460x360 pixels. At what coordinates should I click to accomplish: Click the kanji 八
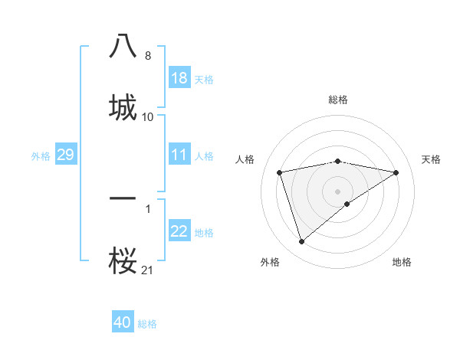[x=123, y=47]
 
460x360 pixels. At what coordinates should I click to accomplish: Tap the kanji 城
[x=123, y=106]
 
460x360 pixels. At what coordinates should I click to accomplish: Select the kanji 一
[x=123, y=198]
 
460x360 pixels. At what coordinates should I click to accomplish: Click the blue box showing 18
[x=179, y=78]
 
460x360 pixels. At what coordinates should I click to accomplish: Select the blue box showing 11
[x=179, y=155]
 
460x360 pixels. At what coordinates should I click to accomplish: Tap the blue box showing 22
[x=179, y=232]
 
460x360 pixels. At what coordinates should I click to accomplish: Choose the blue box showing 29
[x=65, y=155]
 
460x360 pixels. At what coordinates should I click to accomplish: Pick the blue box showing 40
[x=123, y=323]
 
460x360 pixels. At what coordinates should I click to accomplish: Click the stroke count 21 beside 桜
[x=147, y=270]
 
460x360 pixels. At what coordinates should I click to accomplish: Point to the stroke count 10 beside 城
[x=148, y=116]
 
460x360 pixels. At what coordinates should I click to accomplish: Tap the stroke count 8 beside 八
[x=148, y=56]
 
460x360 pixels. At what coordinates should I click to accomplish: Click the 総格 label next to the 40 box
[x=148, y=324]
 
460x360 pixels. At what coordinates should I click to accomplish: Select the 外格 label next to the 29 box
[x=41, y=156]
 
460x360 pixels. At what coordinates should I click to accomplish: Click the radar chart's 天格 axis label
[x=431, y=159]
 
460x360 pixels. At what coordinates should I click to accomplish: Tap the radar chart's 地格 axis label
[x=402, y=262]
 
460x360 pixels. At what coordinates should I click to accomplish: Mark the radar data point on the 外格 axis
[x=301, y=242]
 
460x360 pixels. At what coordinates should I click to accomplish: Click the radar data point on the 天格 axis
[x=396, y=172]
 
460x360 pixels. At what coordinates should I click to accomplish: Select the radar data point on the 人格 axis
[x=280, y=172]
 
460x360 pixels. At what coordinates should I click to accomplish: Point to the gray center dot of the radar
[x=338, y=191]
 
